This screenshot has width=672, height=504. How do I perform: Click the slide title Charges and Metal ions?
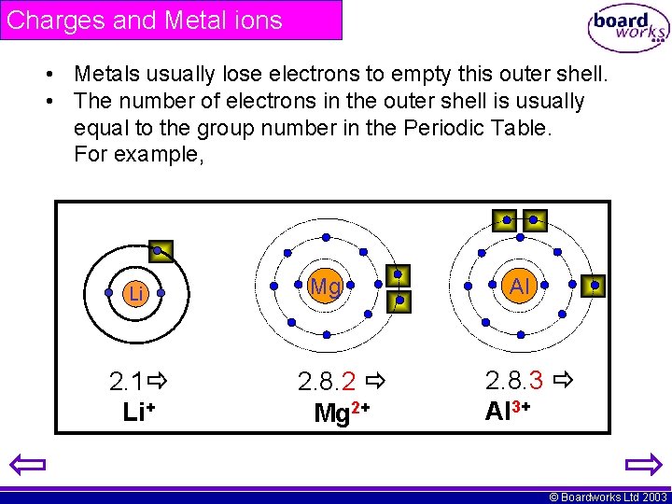pos(145,21)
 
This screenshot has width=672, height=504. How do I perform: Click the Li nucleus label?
pos(136,294)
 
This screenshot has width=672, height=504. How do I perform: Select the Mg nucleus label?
pos(325,287)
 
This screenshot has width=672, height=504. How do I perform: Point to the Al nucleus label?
pos(520,287)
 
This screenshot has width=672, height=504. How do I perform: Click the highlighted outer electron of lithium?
pos(161,249)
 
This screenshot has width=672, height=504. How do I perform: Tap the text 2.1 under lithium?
pos(126,381)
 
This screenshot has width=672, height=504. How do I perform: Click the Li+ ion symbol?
pos(138,412)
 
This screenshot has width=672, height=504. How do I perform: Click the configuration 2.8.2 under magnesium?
pos(327,381)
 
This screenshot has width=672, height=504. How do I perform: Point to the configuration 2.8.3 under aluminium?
pos(514,380)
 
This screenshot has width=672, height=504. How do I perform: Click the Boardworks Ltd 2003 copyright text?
pos(608,497)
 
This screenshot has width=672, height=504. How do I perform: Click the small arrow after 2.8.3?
pos(562,380)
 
